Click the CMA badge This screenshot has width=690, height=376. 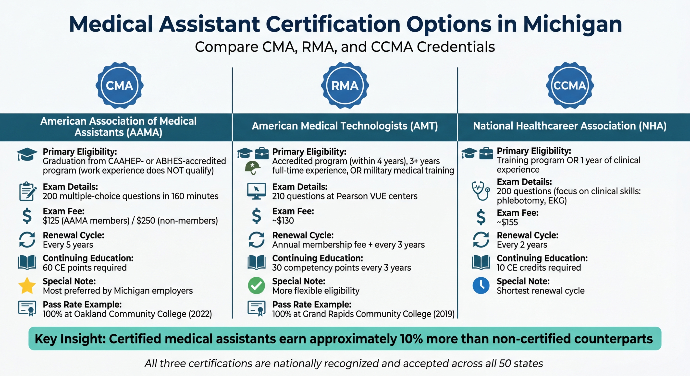[x=120, y=86]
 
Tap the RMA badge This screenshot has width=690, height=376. [x=345, y=86]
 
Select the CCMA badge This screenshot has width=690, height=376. [x=570, y=86]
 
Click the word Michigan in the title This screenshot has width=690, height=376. [x=572, y=25]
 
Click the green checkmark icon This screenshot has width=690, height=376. [x=256, y=285]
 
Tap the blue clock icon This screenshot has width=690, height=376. [x=481, y=285]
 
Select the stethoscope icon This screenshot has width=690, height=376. [x=481, y=191]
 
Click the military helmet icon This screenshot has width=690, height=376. [x=252, y=167]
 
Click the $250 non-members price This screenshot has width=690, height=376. [x=146, y=221]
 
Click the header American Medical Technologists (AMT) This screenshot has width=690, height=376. [x=345, y=126]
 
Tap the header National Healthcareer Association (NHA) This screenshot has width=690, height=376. [x=570, y=126]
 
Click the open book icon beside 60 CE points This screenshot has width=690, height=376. [x=27, y=262]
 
